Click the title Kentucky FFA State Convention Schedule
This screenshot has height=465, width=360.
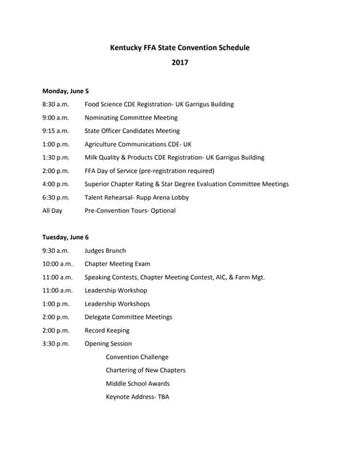tap(180, 48)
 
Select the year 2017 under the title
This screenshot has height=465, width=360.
tap(180, 63)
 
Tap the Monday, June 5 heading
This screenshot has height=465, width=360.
tap(65, 91)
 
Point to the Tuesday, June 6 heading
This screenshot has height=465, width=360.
tap(65, 237)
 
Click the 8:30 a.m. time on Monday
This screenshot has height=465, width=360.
tap(55, 105)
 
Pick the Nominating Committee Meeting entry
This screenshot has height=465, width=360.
tap(131, 118)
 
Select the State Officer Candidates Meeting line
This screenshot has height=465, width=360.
tap(132, 131)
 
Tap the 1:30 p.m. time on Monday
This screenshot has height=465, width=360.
tap(56, 157)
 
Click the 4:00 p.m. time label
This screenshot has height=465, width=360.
tap(56, 184)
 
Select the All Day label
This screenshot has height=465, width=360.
tap(52, 211)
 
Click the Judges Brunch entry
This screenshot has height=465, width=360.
tap(105, 251)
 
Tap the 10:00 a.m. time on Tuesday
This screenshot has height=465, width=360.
tap(57, 264)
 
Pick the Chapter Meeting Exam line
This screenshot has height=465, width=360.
tap(117, 264)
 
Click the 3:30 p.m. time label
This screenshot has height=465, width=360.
tap(56, 344)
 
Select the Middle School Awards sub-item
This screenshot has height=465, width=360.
tap(137, 384)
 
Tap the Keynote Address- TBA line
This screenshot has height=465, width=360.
tap(137, 397)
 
